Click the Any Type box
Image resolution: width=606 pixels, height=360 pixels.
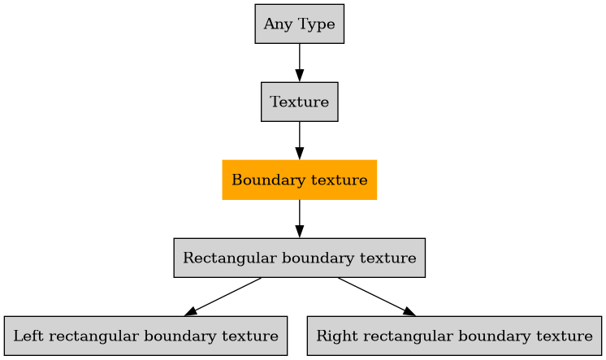(x=299, y=24)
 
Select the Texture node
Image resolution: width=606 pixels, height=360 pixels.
(x=299, y=102)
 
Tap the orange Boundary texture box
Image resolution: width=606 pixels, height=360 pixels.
(x=299, y=180)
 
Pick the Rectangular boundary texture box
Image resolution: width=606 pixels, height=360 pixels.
(x=299, y=258)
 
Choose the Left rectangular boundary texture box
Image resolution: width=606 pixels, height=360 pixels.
(x=145, y=336)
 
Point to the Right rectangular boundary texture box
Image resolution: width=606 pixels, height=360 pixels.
(x=454, y=336)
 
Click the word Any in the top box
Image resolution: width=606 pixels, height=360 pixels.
(x=275, y=24)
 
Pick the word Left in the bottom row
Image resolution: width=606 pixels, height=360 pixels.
(x=28, y=336)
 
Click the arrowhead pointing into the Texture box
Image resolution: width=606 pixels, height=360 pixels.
(x=299, y=76)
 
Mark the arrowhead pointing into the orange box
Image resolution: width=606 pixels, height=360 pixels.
(x=299, y=154)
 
